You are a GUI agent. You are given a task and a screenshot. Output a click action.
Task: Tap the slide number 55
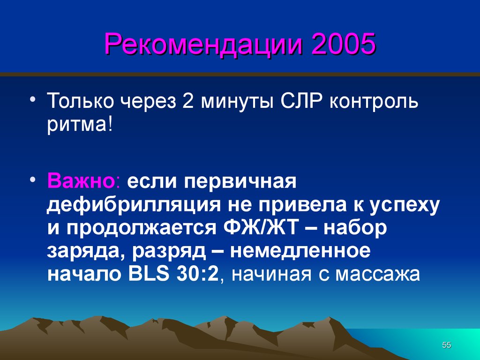447,345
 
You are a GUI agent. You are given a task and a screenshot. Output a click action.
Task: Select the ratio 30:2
197,274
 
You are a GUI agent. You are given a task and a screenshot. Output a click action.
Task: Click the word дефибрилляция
134,205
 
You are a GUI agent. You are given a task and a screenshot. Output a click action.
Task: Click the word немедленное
300,251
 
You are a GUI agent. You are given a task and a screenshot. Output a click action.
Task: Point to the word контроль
374,102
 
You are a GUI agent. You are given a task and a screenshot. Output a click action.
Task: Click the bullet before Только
33,99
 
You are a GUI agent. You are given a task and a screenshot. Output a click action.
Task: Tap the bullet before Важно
33,180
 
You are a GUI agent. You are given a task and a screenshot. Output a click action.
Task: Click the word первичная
240,182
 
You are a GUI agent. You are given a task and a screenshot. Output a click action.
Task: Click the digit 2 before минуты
188,101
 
